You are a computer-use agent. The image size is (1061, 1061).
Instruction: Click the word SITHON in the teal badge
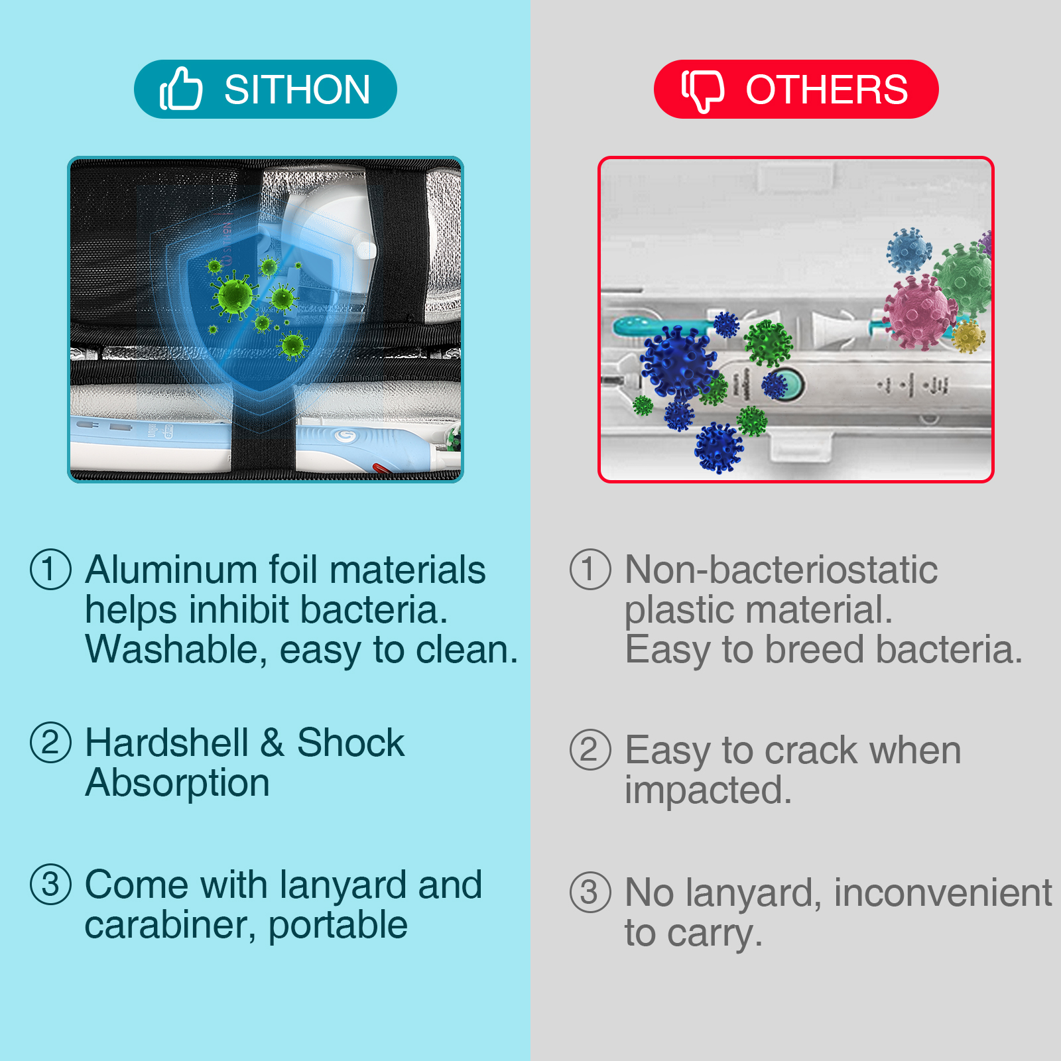(297, 90)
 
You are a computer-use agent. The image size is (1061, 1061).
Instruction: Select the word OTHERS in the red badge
(826, 90)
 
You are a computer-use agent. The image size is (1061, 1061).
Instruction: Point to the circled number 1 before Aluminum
(50, 569)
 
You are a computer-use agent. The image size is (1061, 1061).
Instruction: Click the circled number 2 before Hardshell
(50, 742)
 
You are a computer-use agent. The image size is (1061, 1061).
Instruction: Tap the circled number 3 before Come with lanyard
(50, 884)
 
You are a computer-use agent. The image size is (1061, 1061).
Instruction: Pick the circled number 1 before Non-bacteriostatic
(590, 569)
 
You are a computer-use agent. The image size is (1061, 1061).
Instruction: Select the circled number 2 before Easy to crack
(590, 750)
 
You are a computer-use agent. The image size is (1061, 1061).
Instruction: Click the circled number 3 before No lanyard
(590, 892)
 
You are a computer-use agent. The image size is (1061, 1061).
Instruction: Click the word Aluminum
(171, 570)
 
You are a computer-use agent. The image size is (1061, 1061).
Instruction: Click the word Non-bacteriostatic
(781, 570)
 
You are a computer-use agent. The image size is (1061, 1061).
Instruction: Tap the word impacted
(708, 791)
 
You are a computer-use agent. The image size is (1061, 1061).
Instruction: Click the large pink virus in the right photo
(919, 312)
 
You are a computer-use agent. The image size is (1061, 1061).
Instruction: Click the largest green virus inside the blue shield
(234, 296)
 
